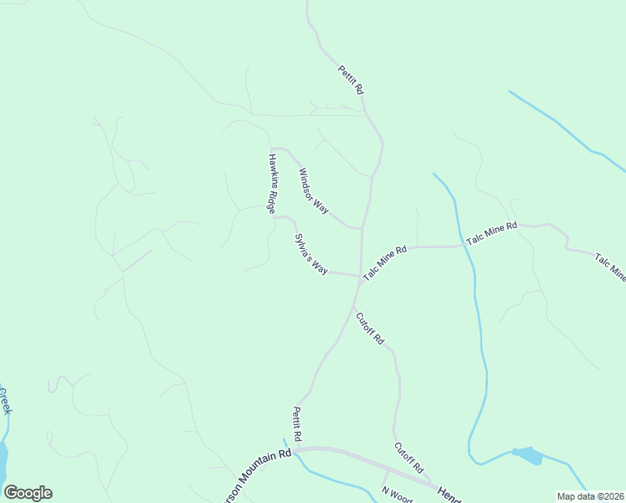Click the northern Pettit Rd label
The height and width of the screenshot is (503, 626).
tap(351, 79)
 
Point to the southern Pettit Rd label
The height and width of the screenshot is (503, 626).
tap(297, 425)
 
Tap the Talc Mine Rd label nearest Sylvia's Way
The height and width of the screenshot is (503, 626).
tap(384, 262)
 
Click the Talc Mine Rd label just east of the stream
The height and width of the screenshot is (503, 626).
tap(492, 233)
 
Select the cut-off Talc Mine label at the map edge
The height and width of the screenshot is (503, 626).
tap(610, 267)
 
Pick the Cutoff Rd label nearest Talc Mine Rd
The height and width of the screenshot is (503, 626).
tap(369, 329)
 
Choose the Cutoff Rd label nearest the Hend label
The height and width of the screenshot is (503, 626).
tap(409, 458)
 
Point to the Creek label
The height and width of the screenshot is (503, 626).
tap(5, 401)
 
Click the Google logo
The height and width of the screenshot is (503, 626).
tap(28, 493)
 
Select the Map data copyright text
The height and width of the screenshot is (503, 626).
tap(590, 496)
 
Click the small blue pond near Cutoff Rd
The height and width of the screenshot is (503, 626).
tap(526, 455)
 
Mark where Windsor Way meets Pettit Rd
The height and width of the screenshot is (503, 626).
tap(361, 227)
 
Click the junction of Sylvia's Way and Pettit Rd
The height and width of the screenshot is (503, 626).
tap(359, 276)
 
